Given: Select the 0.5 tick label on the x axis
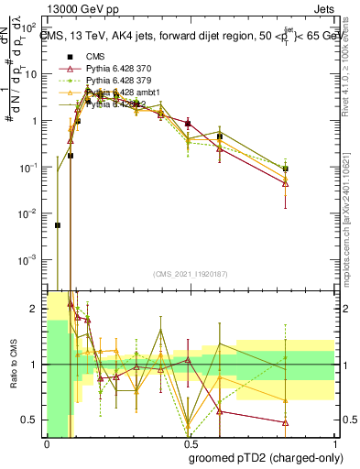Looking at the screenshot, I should pyautogui.click(x=189, y=448).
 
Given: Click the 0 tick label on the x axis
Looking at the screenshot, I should pyautogui.click(x=47, y=448).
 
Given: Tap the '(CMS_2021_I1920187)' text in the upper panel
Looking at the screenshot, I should pyautogui.click(x=189, y=274).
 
